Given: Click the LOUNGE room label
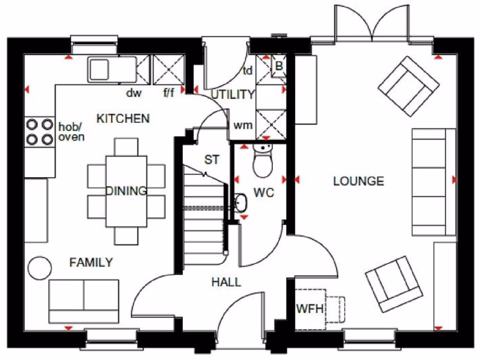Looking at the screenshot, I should coord(359,181).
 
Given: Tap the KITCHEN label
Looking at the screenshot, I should coord(123,119).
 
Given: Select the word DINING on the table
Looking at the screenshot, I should coord(126,191).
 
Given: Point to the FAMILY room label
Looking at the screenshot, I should coord(91,262).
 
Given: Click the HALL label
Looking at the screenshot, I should coord(226,282).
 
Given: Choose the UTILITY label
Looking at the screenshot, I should coord(232,95).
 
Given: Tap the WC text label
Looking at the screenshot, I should coord(263,193).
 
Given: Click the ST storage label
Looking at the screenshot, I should coord(211,160).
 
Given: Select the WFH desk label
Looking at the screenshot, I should coord(309,309).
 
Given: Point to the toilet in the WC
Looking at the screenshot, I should coord(262,162).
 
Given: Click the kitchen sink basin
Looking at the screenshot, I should coord(100,69).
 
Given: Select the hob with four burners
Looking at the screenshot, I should coord(40,132).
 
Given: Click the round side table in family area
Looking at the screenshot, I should coord(39,268).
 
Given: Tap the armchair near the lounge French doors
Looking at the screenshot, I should coord(408,86).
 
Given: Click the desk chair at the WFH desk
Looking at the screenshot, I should coord(337,309).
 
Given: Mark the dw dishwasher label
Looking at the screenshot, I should coord(134,93).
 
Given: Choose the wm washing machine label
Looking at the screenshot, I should coord(243,126).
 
